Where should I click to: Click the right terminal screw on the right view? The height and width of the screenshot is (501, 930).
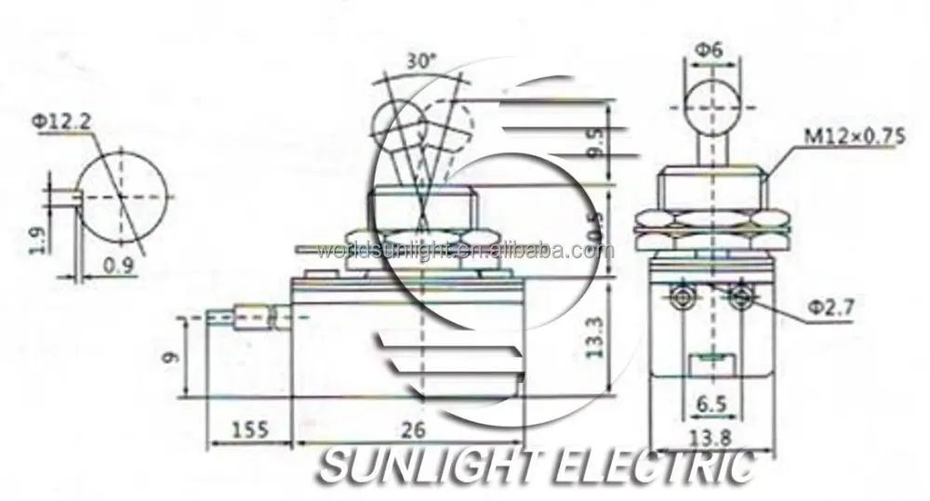pyautogui.click(x=741, y=297)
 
